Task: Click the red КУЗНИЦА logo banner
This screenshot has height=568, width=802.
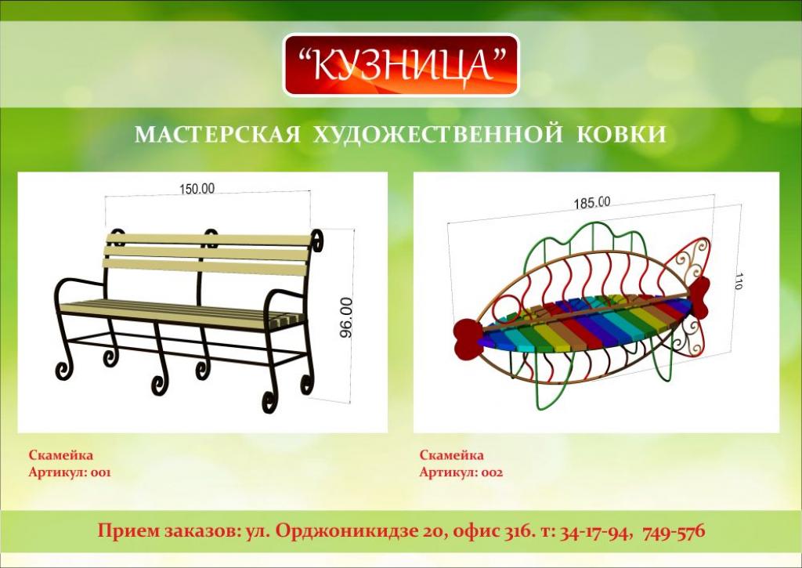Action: click(401, 65)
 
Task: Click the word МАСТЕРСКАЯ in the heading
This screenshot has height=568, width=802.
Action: click(218, 134)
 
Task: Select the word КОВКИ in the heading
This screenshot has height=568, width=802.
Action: click(621, 134)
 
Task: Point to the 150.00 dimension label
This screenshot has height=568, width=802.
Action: click(197, 189)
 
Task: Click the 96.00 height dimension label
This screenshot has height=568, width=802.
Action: click(346, 317)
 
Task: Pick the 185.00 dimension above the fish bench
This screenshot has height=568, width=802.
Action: click(592, 203)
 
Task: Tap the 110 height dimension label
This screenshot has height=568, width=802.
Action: click(738, 280)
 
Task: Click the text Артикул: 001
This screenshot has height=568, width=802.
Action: click(70, 472)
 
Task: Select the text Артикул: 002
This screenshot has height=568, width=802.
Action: click(461, 472)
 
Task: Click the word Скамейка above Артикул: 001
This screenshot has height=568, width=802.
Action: click(61, 455)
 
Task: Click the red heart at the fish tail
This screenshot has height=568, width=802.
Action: click(699, 296)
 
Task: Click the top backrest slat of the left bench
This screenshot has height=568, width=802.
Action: click(208, 240)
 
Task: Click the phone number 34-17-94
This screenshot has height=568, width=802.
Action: click(593, 531)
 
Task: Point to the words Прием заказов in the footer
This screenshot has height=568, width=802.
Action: click(168, 531)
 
